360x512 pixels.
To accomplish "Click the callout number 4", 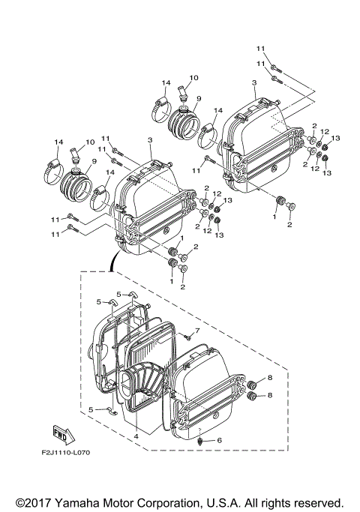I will pos(137,435).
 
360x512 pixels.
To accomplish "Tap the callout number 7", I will pos(197,331).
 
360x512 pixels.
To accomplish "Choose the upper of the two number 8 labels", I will pos(270,379).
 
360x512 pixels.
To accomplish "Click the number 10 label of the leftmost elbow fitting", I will pos(90,142).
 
